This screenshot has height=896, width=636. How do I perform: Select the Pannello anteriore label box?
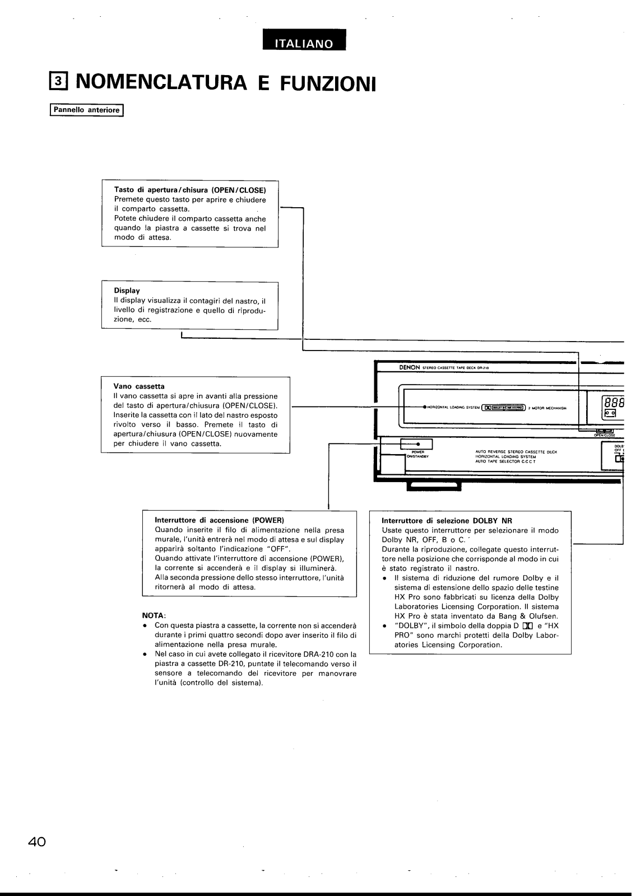86,110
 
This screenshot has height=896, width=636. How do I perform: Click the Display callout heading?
127,291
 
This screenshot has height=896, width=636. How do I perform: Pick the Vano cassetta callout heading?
139,386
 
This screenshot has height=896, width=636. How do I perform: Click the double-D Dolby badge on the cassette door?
486,408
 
